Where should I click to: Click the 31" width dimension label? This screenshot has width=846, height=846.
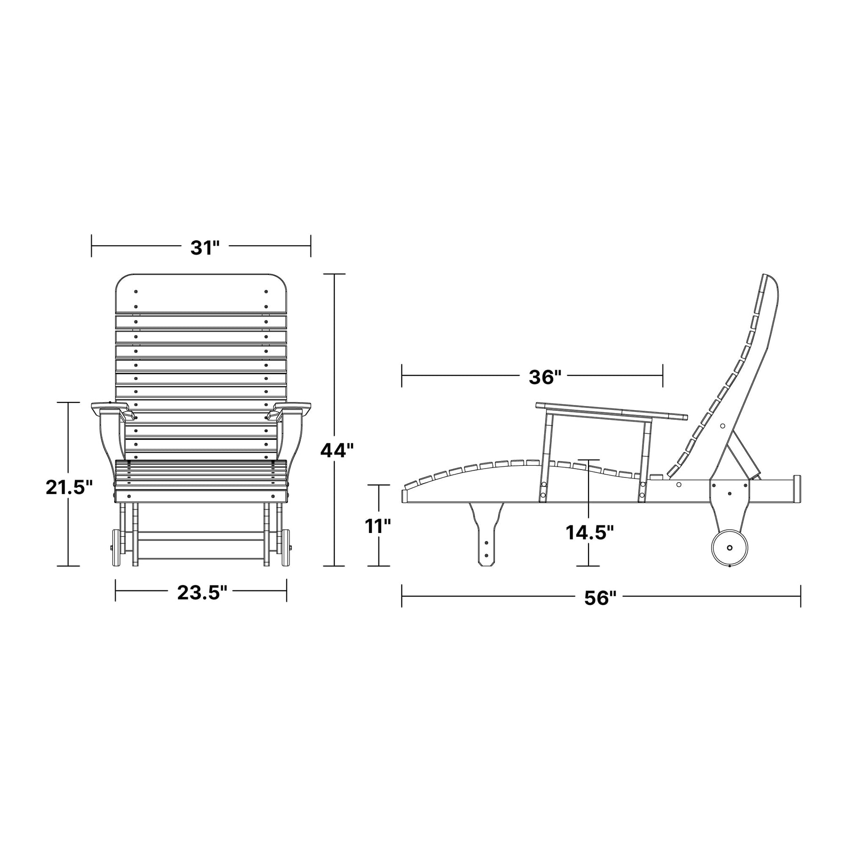click(205, 248)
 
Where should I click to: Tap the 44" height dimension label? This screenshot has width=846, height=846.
click(337, 450)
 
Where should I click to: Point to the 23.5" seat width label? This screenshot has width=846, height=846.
click(202, 593)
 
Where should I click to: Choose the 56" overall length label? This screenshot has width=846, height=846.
click(600, 598)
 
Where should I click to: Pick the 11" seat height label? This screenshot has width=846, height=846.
click(378, 526)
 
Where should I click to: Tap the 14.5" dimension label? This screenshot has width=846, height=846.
click(590, 533)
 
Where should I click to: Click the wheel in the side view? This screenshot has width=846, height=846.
click(730, 548)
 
